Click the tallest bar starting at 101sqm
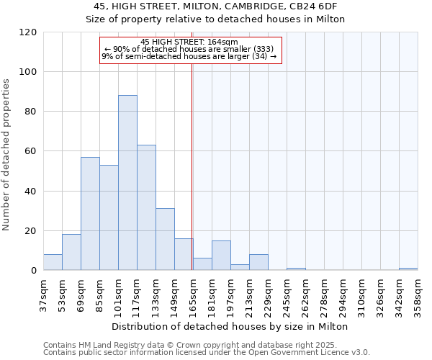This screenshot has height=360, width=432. coord(127,183)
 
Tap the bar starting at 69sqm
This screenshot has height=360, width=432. coord(90,214)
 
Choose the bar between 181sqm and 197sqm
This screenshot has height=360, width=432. coord(221,256)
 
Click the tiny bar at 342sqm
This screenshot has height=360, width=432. coord(408,269)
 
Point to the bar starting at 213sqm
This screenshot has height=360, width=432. coord(258,263)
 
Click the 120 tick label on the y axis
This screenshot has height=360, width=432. coord(28,32)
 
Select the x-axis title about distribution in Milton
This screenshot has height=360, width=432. coord(230,326)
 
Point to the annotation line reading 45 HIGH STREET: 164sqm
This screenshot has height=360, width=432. coord(190,42)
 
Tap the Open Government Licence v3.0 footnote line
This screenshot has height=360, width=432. coord(207,352)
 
